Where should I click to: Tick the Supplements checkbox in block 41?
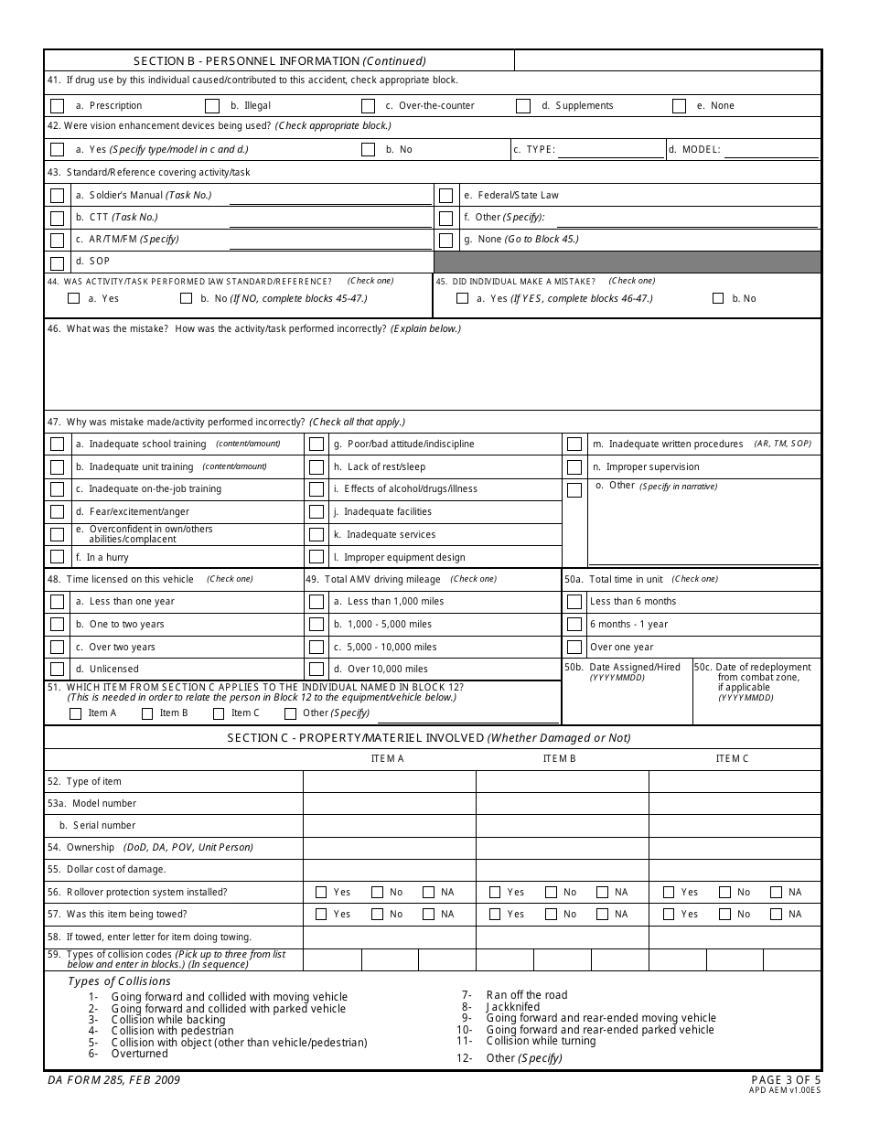pos(523,105)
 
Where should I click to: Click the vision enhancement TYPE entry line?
pos(611,149)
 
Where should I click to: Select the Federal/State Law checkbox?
pos(445,195)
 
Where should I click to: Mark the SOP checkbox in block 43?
pos(57,263)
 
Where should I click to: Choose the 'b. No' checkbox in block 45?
pos(718,298)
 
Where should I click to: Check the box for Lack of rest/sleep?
pos(316,466)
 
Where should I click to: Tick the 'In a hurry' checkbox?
pos(57,556)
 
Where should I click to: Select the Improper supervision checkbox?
pos(574,466)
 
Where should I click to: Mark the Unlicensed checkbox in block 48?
pos(57,669)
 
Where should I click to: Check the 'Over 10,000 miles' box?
pos(316,669)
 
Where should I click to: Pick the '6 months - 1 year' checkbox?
pos(574,624)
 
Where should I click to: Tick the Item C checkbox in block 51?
pos(219,713)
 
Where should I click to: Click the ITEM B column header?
pos(559,758)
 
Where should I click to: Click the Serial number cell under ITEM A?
pos(389,825)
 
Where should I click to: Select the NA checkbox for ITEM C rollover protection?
pos(776,892)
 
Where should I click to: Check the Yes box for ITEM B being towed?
pos(495,914)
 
